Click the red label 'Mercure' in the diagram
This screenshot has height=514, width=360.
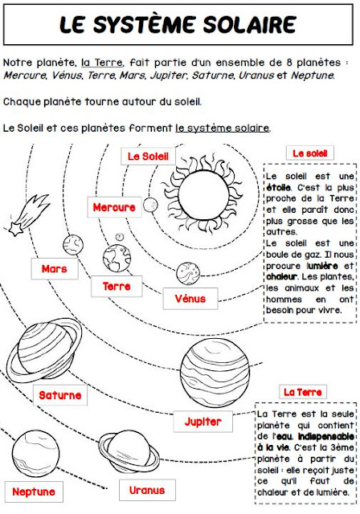click(x=114, y=207)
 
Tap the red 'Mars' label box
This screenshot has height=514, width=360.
click(x=55, y=268)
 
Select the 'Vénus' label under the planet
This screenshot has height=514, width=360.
click(x=190, y=299)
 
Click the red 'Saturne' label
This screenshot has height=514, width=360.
click(x=60, y=395)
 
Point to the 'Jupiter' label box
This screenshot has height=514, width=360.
click(x=202, y=421)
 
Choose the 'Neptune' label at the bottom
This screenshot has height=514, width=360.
click(x=34, y=491)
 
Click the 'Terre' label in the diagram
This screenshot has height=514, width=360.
click(x=117, y=285)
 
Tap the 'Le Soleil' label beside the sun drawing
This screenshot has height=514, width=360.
click(x=149, y=155)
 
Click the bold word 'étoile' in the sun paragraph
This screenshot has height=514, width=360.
click(x=278, y=187)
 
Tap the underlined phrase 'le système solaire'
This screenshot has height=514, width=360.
click(x=223, y=128)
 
